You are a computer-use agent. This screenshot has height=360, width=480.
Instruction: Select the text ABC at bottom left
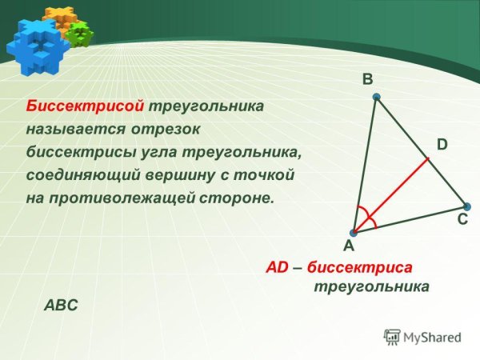[60, 305]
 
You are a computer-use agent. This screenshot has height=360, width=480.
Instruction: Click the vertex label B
[367, 79]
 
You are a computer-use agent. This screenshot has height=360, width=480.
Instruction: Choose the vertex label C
[462, 217]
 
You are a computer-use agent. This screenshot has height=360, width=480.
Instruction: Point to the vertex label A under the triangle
[349, 247]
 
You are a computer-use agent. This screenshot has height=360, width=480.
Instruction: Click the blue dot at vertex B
[375, 97]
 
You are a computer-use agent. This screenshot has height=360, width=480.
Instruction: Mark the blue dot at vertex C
[466, 206]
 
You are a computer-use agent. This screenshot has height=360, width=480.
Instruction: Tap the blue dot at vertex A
[354, 233]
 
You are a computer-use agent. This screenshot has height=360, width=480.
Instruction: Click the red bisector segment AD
[392, 195]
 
